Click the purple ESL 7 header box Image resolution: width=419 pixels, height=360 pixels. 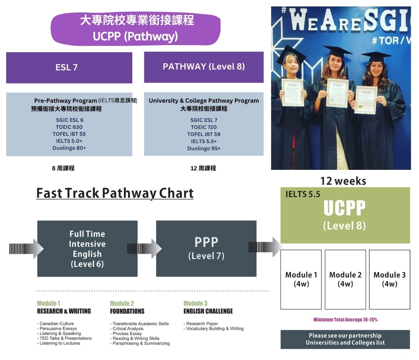pyautogui.click(x=69, y=67)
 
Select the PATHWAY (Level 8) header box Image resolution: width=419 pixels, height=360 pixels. pyautogui.click(x=204, y=67)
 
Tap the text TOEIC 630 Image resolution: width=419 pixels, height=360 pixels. pyautogui.click(x=69, y=127)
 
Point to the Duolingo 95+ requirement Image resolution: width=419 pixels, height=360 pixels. pyautogui.click(x=204, y=148)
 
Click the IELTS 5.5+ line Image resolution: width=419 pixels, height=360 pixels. pyautogui.click(x=204, y=141)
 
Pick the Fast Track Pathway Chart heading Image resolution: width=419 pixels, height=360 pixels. pyautogui.click(x=115, y=193)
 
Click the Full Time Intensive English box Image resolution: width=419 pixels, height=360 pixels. pyautogui.click(x=87, y=249)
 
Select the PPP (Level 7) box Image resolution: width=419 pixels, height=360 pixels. pyautogui.click(x=206, y=249)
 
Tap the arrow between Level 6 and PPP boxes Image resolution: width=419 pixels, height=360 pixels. pyautogui.click(x=144, y=248)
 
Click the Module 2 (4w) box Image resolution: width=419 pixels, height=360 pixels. pyautogui.click(x=345, y=279)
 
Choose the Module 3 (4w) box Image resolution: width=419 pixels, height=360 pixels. pyautogui.click(x=389, y=279)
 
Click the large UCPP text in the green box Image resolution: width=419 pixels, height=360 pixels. pyautogui.click(x=344, y=208)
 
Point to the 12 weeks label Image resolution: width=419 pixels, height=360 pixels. pyautogui.click(x=343, y=181)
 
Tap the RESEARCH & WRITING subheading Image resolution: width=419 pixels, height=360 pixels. pyautogui.click(x=64, y=311)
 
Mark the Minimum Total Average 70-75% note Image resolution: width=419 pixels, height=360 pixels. pyautogui.click(x=345, y=320)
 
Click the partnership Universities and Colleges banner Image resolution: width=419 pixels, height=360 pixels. pyautogui.click(x=345, y=339)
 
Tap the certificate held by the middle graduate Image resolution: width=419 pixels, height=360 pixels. pyautogui.click(x=337, y=93)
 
